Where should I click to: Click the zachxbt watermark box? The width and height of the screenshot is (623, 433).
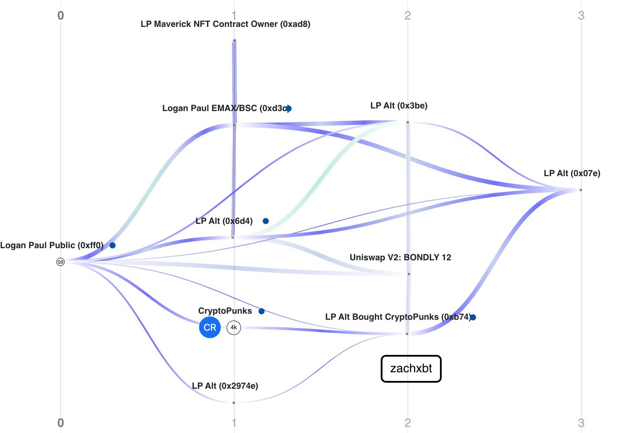pos(411,369)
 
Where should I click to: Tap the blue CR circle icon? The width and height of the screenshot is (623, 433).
pos(210,328)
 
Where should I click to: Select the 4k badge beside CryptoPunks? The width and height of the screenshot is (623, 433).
pos(234,328)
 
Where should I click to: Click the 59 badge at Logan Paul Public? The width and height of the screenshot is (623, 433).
pos(60,262)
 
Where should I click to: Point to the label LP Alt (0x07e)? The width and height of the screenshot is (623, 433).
pos(572,174)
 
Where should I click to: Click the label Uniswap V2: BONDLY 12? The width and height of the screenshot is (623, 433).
pos(400,258)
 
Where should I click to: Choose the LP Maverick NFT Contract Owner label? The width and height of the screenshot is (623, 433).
pos(225,24)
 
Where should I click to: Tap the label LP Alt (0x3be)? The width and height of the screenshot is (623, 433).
pos(399,106)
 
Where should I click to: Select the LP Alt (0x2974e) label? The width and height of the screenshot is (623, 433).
pos(225,386)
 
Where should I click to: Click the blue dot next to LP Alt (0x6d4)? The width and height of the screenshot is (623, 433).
pos(266,221)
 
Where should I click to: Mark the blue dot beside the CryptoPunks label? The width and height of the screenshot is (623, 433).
pos(261,311)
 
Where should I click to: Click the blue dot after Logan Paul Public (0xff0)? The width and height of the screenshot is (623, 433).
pos(112,246)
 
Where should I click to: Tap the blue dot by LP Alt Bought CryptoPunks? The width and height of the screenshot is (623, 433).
pos(473,318)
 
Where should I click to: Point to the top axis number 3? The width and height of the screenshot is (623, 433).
pos(581,16)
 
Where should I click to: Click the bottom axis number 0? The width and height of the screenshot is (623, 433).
pos(61,423)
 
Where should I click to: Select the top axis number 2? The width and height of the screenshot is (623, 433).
pos(407,16)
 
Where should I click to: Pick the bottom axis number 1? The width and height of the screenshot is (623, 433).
pos(234,423)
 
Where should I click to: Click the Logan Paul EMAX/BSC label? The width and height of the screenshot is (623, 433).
pos(224,108)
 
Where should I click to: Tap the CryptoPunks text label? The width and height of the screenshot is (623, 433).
pos(225,311)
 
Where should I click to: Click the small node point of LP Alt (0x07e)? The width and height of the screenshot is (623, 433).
pos(580,190)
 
